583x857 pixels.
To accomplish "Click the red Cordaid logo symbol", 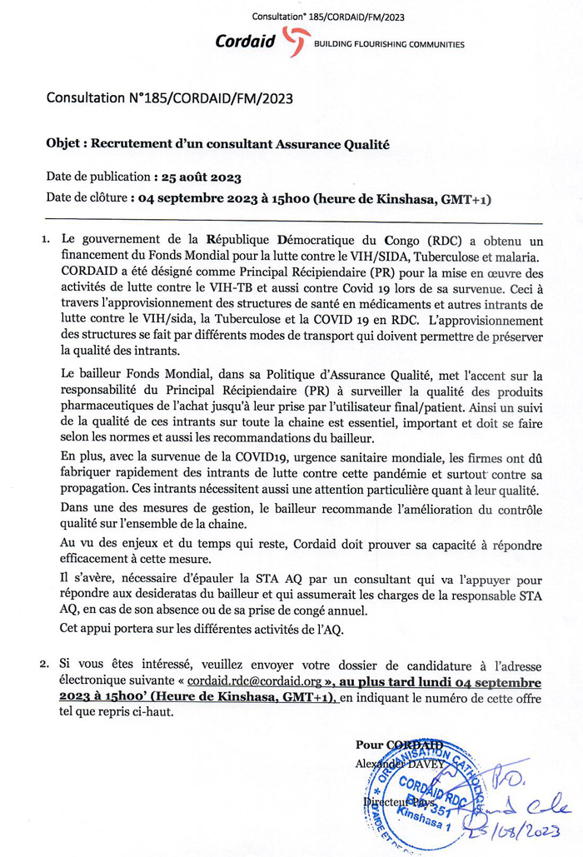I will pyautogui.click(x=296, y=41).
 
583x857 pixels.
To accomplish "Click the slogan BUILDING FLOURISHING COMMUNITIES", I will pyautogui.click(x=388, y=44).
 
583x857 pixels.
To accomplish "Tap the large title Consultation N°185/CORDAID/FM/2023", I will pyautogui.click(x=169, y=98).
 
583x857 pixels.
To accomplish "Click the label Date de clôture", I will pyautogui.click(x=87, y=199).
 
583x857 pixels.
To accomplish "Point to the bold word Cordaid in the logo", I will pyautogui.click(x=246, y=41).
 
